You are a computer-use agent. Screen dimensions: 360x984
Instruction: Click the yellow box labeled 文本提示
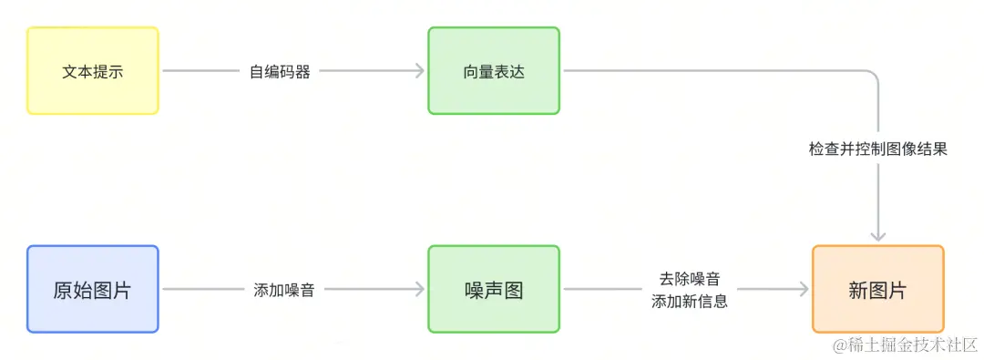click(93, 71)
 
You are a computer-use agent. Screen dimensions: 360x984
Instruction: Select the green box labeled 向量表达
click(494, 71)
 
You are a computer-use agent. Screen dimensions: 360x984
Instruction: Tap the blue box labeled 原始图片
click(93, 290)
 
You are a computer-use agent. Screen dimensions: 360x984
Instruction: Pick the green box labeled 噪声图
click(494, 290)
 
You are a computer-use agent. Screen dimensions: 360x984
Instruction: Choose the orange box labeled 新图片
click(877, 290)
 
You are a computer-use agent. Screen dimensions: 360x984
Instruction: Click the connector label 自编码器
click(280, 71)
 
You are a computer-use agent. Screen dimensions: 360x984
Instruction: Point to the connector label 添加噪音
click(284, 290)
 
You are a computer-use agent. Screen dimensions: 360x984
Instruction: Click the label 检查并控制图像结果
click(877, 149)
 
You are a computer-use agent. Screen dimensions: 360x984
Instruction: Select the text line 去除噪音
click(689, 279)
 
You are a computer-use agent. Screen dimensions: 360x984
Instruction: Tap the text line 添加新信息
click(689, 301)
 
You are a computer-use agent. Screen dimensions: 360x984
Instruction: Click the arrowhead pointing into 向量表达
click(420, 71)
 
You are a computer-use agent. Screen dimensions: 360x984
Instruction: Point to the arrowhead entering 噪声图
click(420, 290)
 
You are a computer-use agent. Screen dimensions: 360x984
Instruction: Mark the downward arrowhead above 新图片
click(877, 236)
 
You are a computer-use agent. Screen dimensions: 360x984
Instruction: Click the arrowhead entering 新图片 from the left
click(804, 290)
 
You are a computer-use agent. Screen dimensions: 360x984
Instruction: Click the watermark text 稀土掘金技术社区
click(910, 344)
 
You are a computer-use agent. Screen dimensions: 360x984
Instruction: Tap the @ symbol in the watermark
click(839, 345)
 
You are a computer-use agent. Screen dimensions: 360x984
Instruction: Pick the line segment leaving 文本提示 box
click(200, 71)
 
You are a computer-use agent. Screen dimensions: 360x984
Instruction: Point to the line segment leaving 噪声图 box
click(601, 290)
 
